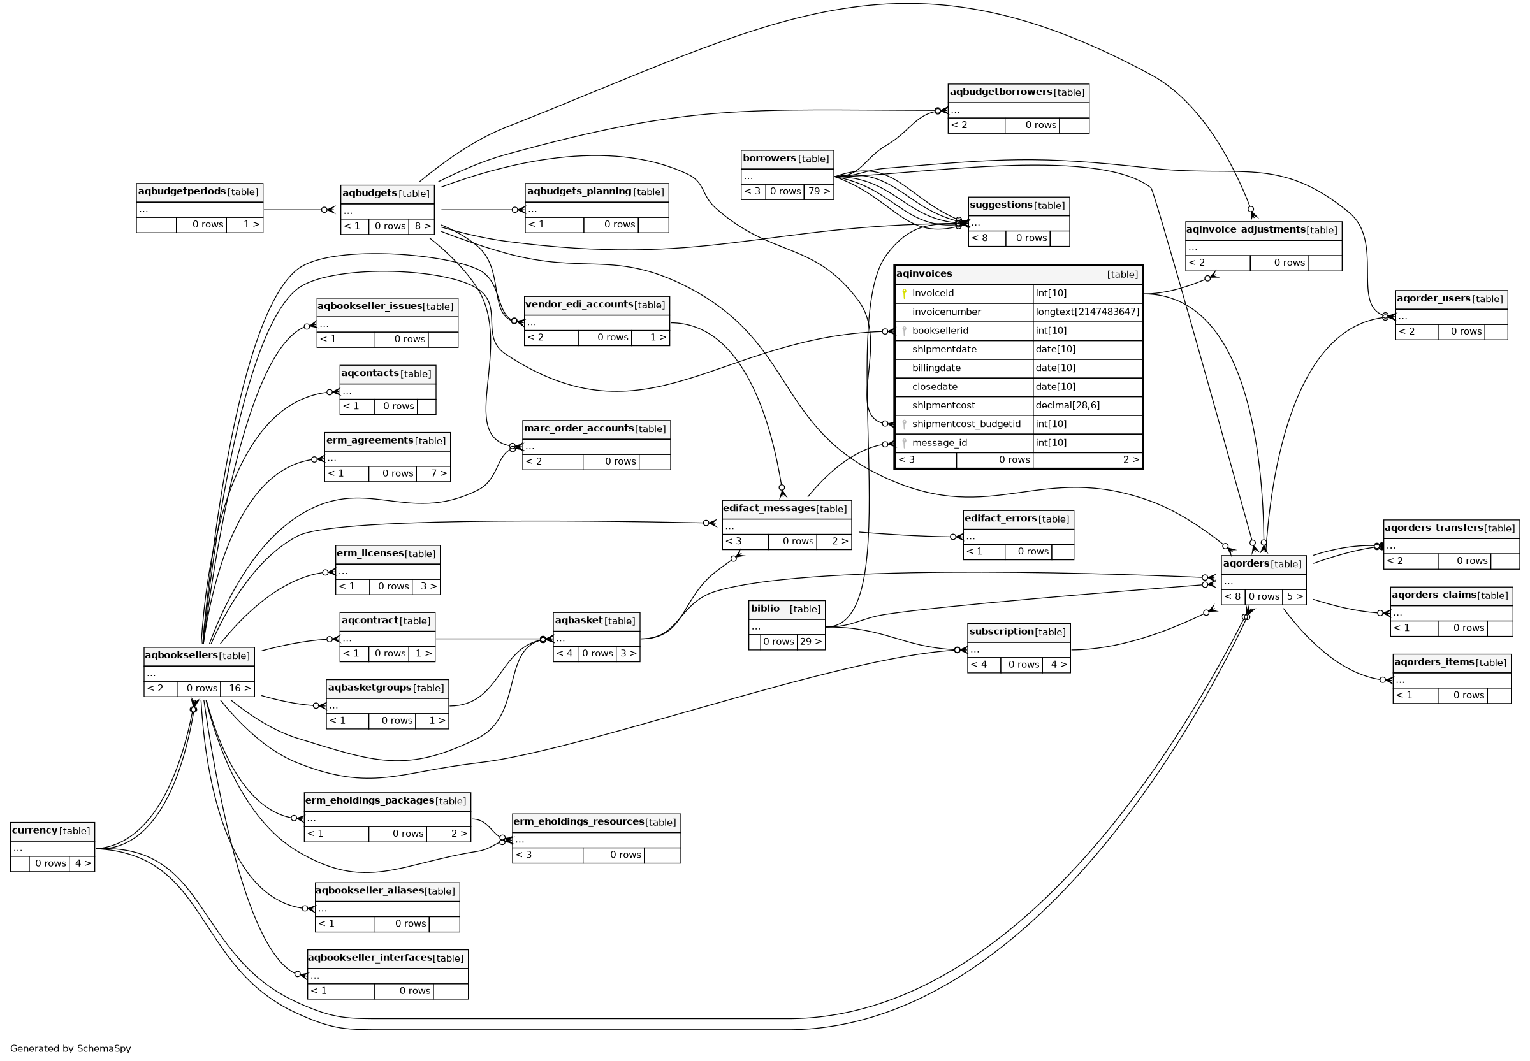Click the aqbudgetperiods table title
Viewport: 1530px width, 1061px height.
(182, 191)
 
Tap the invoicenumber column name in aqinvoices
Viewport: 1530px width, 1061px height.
(946, 312)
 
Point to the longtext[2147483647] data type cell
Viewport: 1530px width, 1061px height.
(1087, 312)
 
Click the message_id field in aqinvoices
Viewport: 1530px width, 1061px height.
(939, 443)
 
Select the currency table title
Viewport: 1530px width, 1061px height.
(35, 830)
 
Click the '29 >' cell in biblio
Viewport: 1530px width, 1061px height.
(810, 642)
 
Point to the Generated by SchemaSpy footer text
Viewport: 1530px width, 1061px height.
(71, 1048)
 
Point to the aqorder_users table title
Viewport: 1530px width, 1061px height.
(1433, 298)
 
